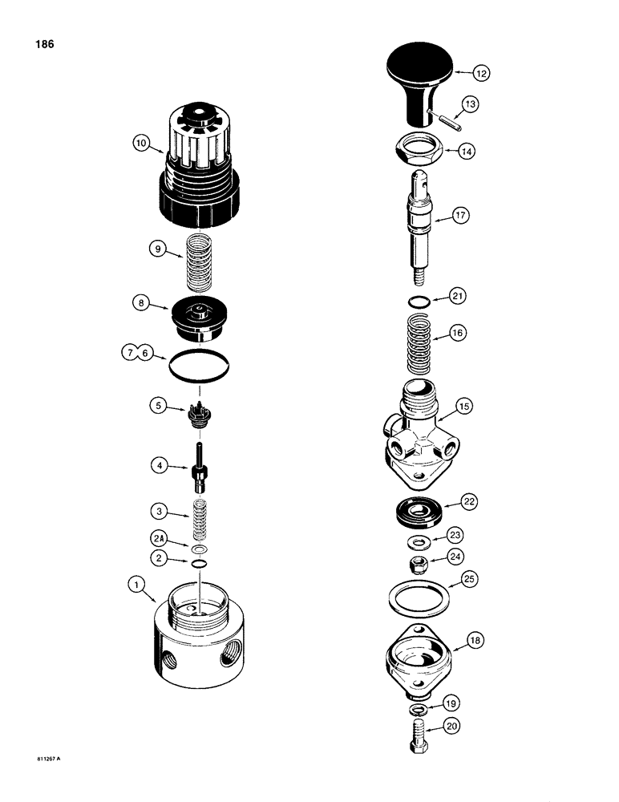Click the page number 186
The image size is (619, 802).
[x=44, y=45]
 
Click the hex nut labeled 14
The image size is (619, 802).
[x=416, y=149]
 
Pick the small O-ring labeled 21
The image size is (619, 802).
[x=415, y=302]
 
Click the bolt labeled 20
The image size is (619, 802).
[x=418, y=732]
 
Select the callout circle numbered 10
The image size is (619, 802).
[x=142, y=144]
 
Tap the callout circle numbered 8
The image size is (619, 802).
[x=142, y=303]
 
